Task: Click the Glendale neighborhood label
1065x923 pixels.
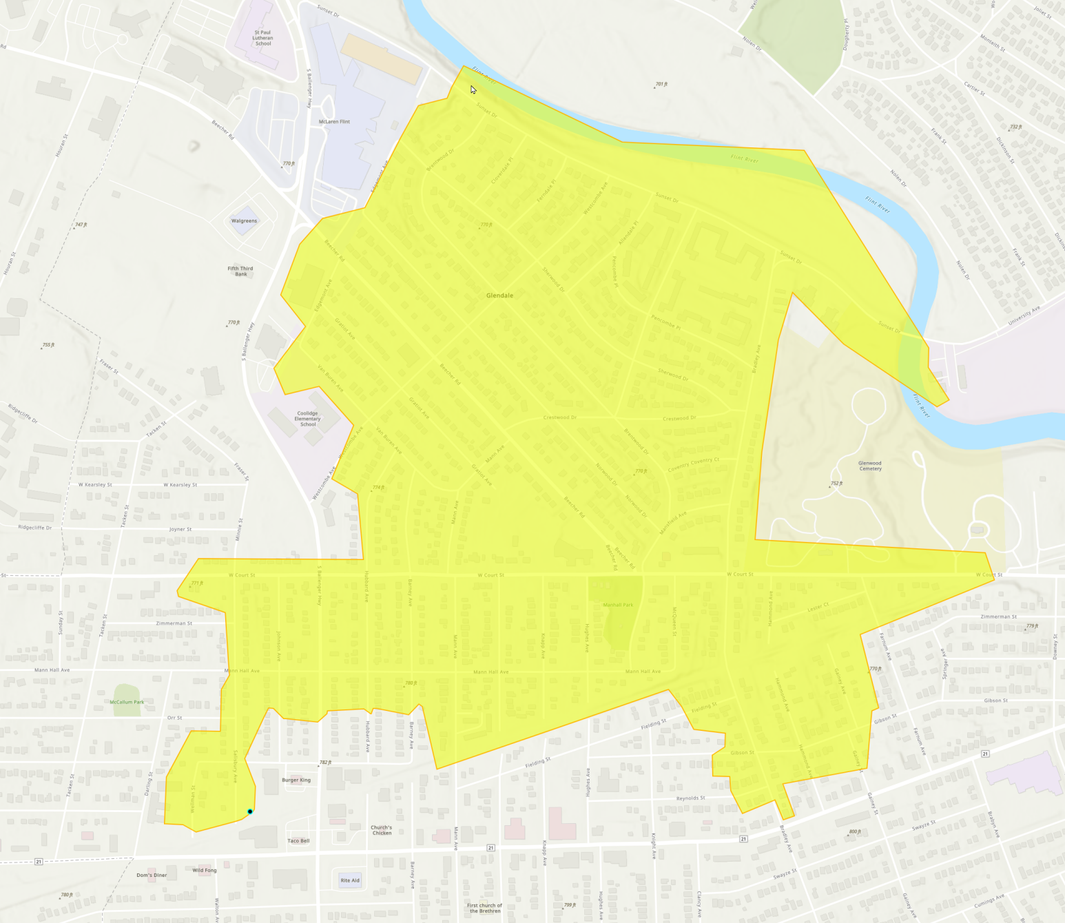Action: (x=499, y=295)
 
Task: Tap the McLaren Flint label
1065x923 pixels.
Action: (x=334, y=122)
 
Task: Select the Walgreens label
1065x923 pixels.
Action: (x=244, y=221)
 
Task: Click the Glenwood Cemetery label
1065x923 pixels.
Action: (x=870, y=466)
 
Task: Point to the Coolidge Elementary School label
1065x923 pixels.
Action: (x=308, y=419)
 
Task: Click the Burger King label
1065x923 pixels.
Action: (x=296, y=780)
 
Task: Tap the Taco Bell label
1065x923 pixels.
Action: (x=298, y=841)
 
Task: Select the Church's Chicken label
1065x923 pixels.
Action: (x=382, y=830)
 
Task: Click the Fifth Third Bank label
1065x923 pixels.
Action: (x=240, y=271)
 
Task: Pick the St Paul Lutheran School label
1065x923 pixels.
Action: (x=262, y=38)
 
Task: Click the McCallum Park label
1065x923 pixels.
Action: (x=127, y=703)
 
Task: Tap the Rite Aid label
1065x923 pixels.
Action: (x=350, y=880)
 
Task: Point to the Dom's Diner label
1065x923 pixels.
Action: (x=152, y=875)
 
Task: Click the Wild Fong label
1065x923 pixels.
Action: (x=205, y=871)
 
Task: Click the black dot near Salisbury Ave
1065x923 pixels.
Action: (x=250, y=811)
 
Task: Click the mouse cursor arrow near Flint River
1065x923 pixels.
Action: (x=473, y=89)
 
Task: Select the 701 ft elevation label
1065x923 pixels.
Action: (x=661, y=84)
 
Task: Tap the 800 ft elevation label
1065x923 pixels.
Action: (x=854, y=832)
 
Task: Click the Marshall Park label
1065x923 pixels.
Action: (x=618, y=605)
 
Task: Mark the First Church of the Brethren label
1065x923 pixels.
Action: (x=485, y=908)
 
